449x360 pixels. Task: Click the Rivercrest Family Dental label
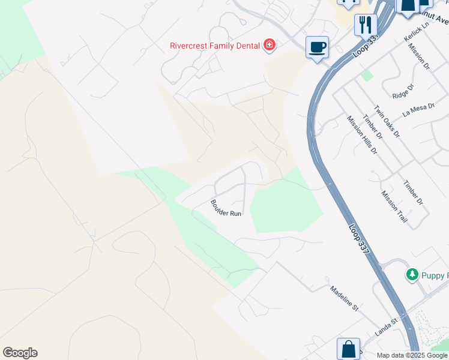pyautogui.click(x=215, y=46)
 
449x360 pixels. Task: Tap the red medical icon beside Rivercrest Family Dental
pyautogui.click(x=270, y=46)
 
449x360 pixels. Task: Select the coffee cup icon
pyautogui.click(x=317, y=47)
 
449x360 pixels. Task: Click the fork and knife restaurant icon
pyautogui.click(x=365, y=25)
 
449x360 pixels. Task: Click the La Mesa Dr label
pyautogui.click(x=418, y=107)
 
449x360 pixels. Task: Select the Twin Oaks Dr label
pyautogui.click(x=387, y=122)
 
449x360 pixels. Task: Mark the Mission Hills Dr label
pyautogui.click(x=362, y=135)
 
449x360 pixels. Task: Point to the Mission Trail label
pyautogui.click(x=394, y=208)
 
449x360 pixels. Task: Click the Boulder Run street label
pyautogui.click(x=226, y=209)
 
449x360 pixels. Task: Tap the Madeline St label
pyautogui.click(x=344, y=298)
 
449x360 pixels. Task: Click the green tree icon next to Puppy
pyautogui.click(x=412, y=275)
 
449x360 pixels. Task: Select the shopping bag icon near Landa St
pyautogui.click(x=348, y=348)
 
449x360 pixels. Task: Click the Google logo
pyautogui.click(x=20, y=353)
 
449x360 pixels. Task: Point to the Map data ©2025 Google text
pyautogui.click(x=412, y=355)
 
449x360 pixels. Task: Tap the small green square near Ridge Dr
pyautogui.click(x=366, y=76)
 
